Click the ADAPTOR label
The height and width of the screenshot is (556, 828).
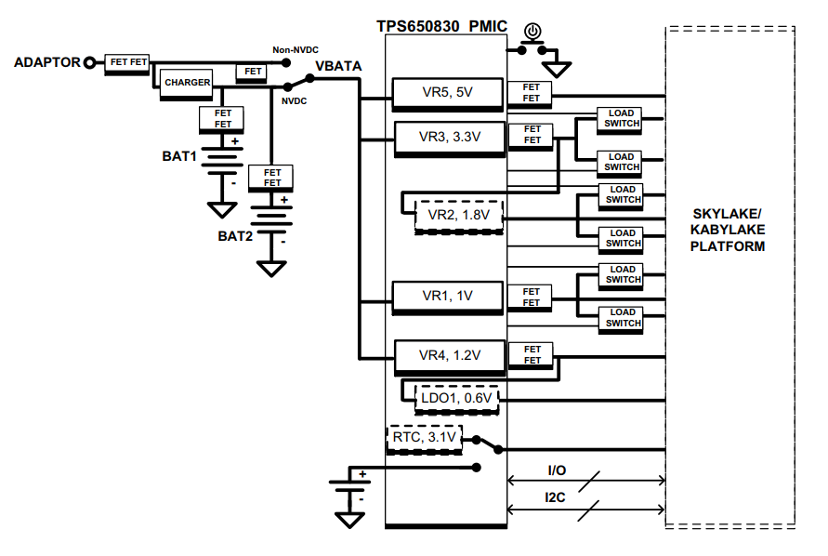[x=46, y=63]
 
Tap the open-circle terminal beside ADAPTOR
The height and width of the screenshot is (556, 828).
[x=90, y=63]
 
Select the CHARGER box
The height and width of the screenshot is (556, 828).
[x=187, y=83]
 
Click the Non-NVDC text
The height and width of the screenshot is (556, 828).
[x=296, y=50]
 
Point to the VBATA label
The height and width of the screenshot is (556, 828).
[x=338, y=66]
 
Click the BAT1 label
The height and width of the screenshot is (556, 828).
[x=179, y=156]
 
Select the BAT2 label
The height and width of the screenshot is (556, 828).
[x=235, y=236]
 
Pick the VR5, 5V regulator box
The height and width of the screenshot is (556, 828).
[x=447, y=93]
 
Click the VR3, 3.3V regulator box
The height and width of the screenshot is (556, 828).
[x=448, y=137]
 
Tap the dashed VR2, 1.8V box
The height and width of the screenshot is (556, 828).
[x=458, y=215]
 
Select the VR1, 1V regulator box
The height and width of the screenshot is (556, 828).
[x=447, y=296]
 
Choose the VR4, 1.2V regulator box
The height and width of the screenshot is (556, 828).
[x=448, y=355]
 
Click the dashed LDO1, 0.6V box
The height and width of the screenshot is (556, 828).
[x=457, y=398]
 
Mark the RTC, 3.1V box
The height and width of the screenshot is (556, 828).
[x=423, y=438]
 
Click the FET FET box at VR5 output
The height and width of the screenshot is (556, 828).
[x=532, y=93]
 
